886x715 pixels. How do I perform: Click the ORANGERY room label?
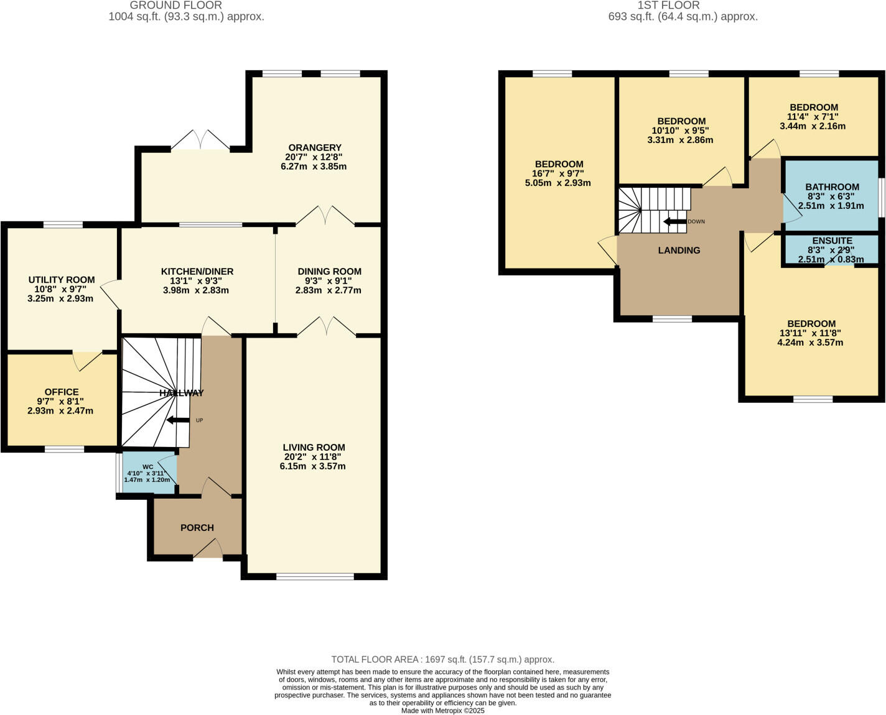(x=314, y=147)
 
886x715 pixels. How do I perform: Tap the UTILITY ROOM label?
(x=62, y=280)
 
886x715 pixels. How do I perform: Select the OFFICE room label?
(x=62, y=392)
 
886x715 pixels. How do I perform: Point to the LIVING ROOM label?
(x=314, y=447)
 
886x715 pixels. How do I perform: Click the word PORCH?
(x=197, y=527)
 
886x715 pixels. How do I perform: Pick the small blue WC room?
(x=148, y=474)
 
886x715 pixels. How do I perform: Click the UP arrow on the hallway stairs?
(x=179, y=420)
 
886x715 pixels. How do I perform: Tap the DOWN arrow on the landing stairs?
(x=675, y=221)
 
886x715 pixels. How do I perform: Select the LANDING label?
(x=679, y=250)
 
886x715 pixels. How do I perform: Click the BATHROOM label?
(x=832, y=187)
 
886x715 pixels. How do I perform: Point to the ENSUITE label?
(x=832, y=241)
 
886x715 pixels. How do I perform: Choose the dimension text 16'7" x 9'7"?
(x=559, y=173)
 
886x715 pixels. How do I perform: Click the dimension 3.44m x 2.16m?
(x=813, y=126)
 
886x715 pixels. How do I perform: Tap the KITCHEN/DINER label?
(x=197, y=271)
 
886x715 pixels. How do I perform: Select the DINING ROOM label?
(x=329, y=271)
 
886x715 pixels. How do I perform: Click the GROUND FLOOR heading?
(x=176, y=6)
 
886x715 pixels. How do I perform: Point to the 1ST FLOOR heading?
(x=668, y=6)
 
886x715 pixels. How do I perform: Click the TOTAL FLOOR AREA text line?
(x=442, y=659)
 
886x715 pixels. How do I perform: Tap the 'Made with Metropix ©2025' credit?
(x=442, y=710)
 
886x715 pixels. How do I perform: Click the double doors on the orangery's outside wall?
(x=200, y=141)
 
